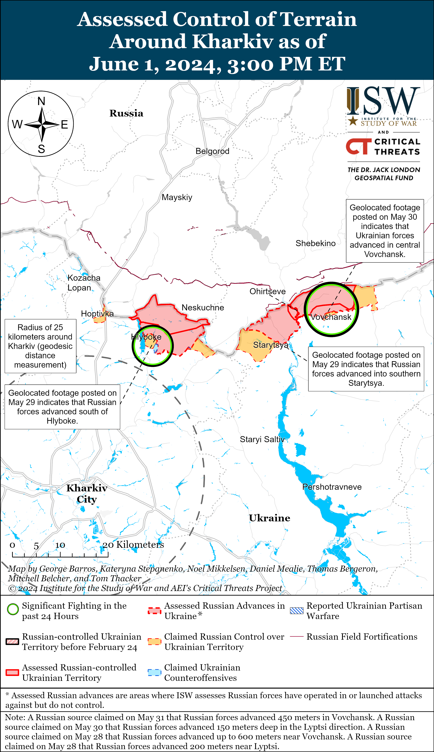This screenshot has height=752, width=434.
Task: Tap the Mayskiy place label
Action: click(x=177, y=197)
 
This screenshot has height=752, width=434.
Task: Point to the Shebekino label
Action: click(x=315, y=243)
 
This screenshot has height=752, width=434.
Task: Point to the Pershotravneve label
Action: click(x=332, y=487)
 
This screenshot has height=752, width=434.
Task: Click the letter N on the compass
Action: click(x=41, y=101)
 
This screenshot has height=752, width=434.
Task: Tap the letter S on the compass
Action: click(x=41, y=149)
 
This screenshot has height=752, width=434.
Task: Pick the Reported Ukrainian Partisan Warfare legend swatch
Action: click(x=297, y=611)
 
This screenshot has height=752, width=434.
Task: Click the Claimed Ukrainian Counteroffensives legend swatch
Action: click(x=154, y=672)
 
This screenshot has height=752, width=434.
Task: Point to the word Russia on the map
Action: click(x=126, y=113)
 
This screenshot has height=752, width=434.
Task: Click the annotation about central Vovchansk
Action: click(x=384, y=231)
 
